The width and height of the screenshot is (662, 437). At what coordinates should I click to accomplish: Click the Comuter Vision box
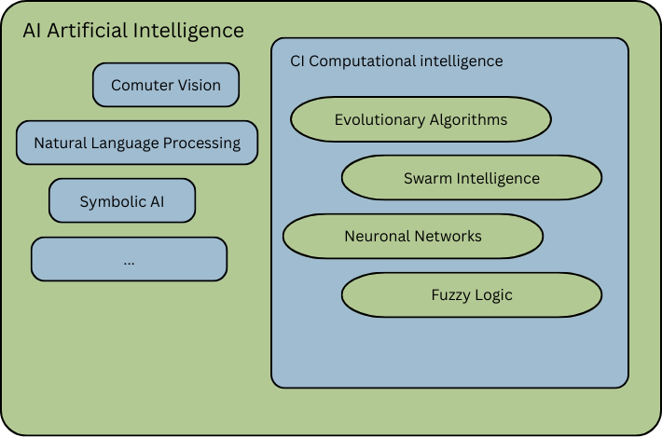coord(166,85)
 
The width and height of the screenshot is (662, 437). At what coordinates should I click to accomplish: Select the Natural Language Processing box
coord(137,143)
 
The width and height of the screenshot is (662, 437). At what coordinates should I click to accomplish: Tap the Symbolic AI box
coord(122,200)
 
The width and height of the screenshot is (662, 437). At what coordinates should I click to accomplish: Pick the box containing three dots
coord(129,259)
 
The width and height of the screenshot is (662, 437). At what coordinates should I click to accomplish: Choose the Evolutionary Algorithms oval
coord(421,120)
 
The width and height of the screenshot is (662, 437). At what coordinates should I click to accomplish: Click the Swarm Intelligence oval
coord(472,178)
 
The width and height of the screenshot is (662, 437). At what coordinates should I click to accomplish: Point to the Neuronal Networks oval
coord(413,236)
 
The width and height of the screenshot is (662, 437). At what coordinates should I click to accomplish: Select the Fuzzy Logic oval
coord(472,294)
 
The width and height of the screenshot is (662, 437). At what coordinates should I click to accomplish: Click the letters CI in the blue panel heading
coord(297,61)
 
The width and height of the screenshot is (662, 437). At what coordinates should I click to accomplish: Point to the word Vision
coord(198,85)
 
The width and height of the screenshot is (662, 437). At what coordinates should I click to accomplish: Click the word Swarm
coord(426,178)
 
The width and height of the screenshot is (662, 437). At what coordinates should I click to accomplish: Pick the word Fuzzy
coord(451,295)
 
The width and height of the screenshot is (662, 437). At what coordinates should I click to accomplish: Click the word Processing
coord(202,143)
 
